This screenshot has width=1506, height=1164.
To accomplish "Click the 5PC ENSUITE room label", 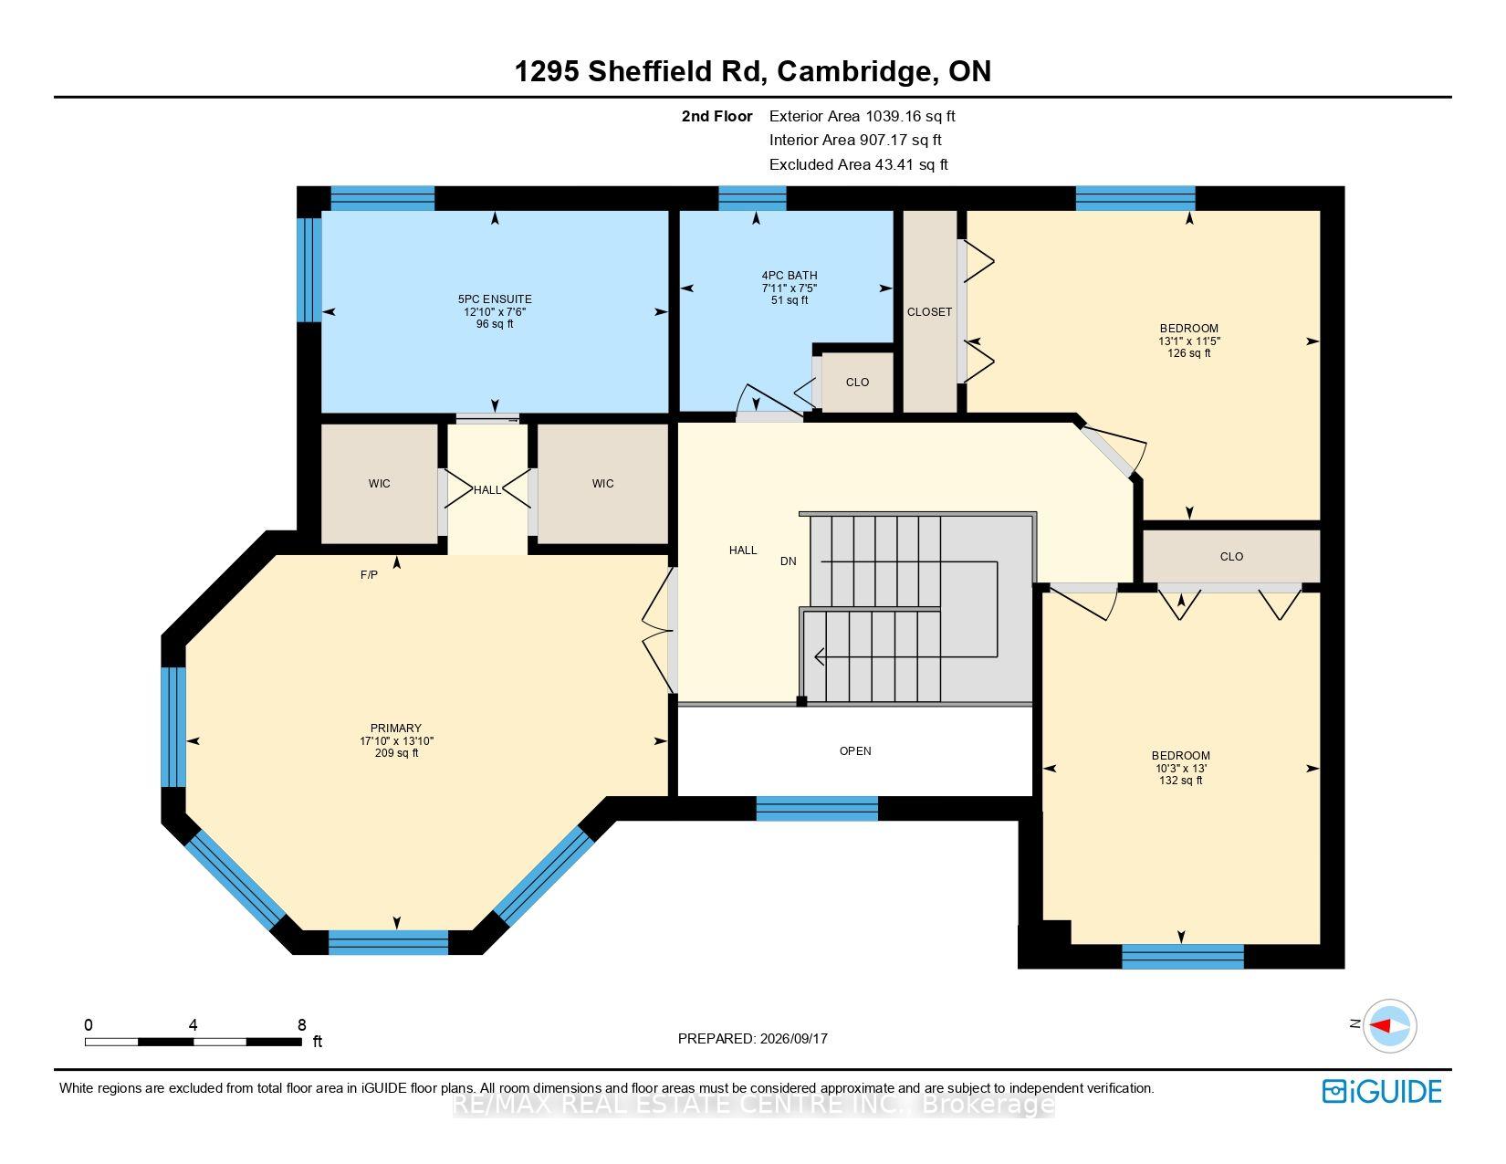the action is pyautogui.click(x=495, y=299).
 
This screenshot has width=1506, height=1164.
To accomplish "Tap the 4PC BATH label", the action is pyautogui.click(x=790, y=275).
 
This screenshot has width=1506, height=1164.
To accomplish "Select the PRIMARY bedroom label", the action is pyautogui.click(x=396, y=728).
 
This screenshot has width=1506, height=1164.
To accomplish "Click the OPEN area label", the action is pyautogui.click(x=855, y=750).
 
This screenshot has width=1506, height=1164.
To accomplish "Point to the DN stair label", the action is pyautogui.click(x=788, y=561).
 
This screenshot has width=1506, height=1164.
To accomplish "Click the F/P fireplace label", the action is pyautogui.click(x=369, y=575).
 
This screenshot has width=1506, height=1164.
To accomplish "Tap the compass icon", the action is pyautogui.click(x=1389, y=1025).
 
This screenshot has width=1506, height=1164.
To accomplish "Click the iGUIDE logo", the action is pyautogui.click(x=1381, y=1091).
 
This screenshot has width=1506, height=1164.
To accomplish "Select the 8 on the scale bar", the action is pyautogui.click(x=301, y=1024).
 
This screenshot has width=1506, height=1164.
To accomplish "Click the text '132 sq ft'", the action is pyautogui.click(x=1180, y=781).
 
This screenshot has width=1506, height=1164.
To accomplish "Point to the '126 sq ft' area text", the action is pyautogui.click(x=1189, y=353).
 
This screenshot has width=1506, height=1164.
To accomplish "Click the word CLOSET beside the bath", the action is pyautogui.click(x=929, y=312).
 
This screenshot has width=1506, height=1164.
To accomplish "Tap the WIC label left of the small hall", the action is pyautogui.click(x=379, y=484).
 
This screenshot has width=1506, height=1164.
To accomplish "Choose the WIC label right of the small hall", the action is pyautogui.click(x=603, y=484).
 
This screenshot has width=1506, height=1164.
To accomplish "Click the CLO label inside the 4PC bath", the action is pyautogui.click(x=857, y=383).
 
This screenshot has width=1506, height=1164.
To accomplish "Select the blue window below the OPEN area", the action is pyautogui.click(x=816, y=808).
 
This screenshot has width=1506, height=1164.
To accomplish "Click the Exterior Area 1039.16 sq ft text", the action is pyautogui.click(x=863, y=117).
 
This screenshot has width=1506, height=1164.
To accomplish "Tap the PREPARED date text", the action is pyautogui.click(x=753, y=1039).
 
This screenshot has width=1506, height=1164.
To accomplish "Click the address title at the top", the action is pyautogui.click(x=753, y=71).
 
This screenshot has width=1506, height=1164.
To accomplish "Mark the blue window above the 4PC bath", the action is pyautogui.click(x=752, y=198).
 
